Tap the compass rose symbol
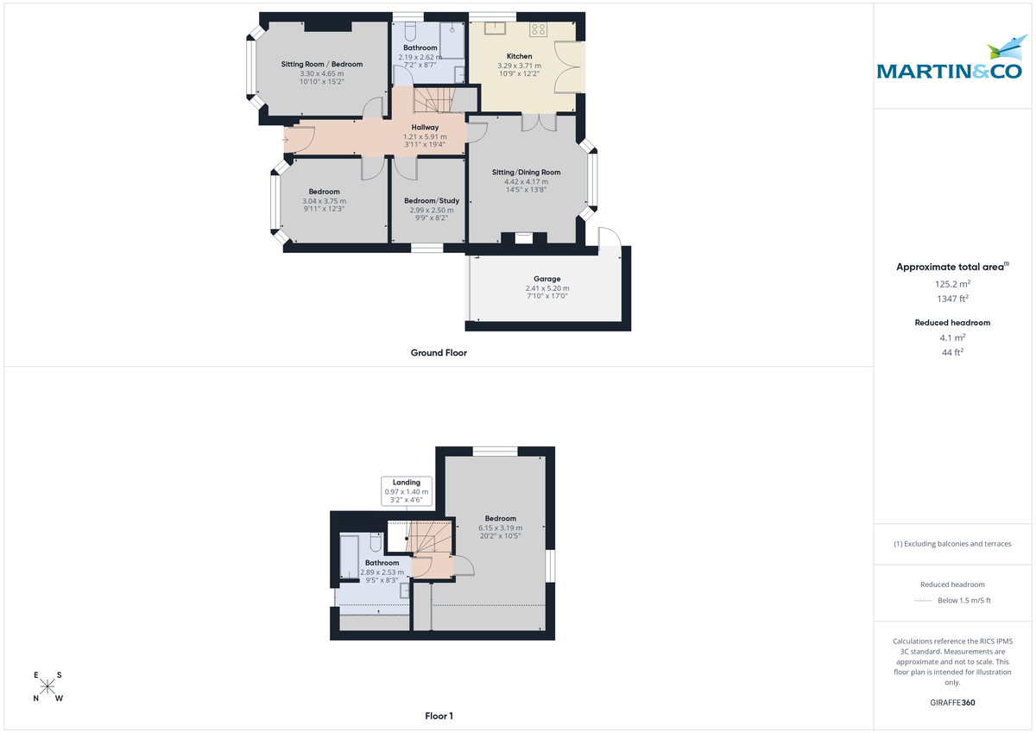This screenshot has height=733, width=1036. [48, 687]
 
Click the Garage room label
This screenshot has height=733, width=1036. [546, 279]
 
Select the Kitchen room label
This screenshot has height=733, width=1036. [519, 56]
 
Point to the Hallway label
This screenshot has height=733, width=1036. [425, 128]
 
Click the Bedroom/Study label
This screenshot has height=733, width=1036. [432, 201]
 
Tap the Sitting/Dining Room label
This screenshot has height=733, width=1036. [520, 173]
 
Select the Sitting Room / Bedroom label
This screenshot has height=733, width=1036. [322, 64]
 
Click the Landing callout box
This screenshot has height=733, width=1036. [407, 490]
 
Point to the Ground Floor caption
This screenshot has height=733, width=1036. [439, 352]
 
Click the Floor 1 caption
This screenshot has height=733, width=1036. [439, 716]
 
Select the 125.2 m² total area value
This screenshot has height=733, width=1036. [952, 284]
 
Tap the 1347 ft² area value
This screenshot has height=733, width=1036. [952, 299]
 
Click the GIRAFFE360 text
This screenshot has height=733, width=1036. [952, 703]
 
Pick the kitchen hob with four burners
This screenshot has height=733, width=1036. [539, 29]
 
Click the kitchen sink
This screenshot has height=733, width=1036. [496, 28]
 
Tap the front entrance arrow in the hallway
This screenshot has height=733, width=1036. [285, 139]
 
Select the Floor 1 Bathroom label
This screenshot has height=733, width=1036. [382, 563]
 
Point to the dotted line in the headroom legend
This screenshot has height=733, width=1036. [924, 601]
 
